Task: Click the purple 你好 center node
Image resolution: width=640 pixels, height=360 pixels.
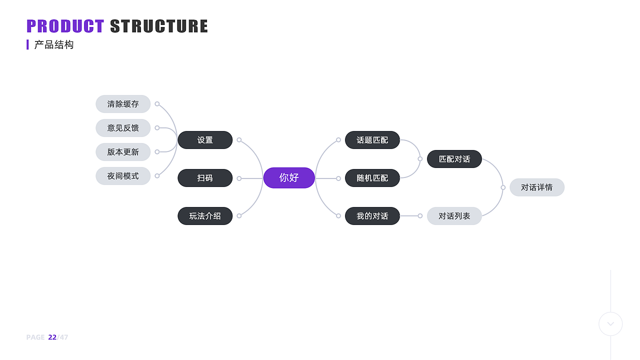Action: (x=289, y=177)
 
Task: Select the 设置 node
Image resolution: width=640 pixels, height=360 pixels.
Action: (x=205, y=140)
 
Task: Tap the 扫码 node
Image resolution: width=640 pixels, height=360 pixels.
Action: (x=205, y=178)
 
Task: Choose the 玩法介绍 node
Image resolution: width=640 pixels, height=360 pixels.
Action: (x=205, y=216)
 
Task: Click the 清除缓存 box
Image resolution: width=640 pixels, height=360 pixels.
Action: (x=123, y=104)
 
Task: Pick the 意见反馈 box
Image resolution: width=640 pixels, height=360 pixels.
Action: (x=123, y=128)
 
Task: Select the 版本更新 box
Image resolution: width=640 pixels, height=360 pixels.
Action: (x=123, y=152)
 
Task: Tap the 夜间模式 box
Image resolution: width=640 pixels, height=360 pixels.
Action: (x=123, y=176)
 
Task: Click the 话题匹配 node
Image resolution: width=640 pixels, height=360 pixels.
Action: (x=372, y=140)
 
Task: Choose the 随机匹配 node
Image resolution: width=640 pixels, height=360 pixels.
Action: (x=372, y=178)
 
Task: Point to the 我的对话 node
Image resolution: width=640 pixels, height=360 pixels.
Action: (x=372, y=216)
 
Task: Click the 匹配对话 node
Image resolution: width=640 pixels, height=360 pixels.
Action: (x=454, y=159)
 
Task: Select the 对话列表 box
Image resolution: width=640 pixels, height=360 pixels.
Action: (x=454, y=216)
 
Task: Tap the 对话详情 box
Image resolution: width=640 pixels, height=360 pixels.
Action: (x=537, y=187)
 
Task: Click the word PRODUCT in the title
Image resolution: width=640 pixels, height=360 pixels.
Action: (x=65, y=26)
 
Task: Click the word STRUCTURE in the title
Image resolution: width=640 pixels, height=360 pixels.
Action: (x=159, y=26)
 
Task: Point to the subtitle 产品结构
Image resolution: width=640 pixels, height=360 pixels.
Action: (x=54, y=45)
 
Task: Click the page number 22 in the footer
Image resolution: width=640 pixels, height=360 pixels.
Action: (x=52, y=337)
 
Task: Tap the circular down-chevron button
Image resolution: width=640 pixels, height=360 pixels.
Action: (x=610, y=324)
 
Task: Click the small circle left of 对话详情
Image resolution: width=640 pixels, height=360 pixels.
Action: (x=503, y=187)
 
